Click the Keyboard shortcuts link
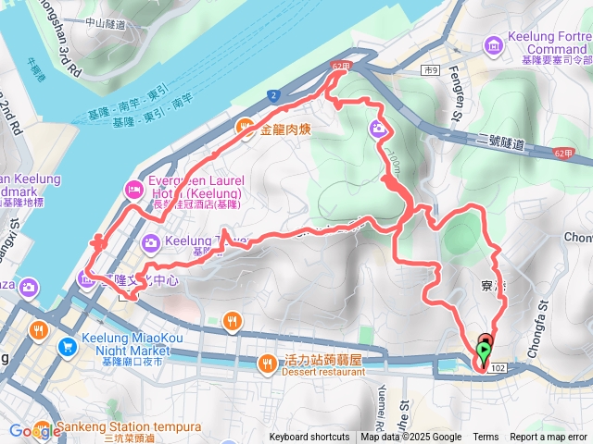click(x=309, y=438)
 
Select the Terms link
click(x=486, y=438)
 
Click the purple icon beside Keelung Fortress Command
click(x=493, y=42)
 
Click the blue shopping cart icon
click(x=67, y=348)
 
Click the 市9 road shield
click(x=429, y=70)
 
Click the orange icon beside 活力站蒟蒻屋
click(x=268, y=362)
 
